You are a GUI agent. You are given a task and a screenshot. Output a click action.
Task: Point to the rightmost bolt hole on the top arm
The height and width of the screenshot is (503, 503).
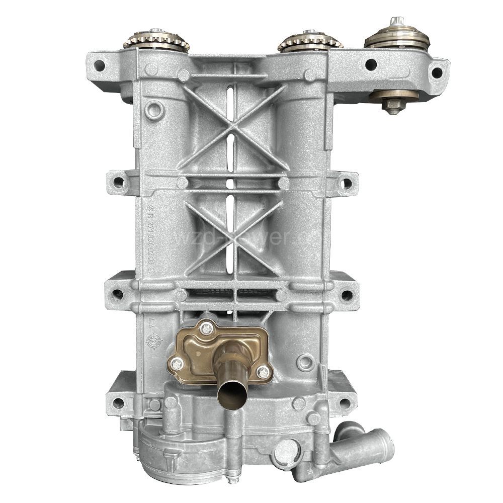pos(437,72)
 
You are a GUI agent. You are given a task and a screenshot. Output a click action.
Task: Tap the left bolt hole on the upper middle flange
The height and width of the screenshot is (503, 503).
pos(117,182)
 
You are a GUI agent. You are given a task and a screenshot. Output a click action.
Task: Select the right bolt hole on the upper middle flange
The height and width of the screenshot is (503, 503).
pos(346,184)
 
